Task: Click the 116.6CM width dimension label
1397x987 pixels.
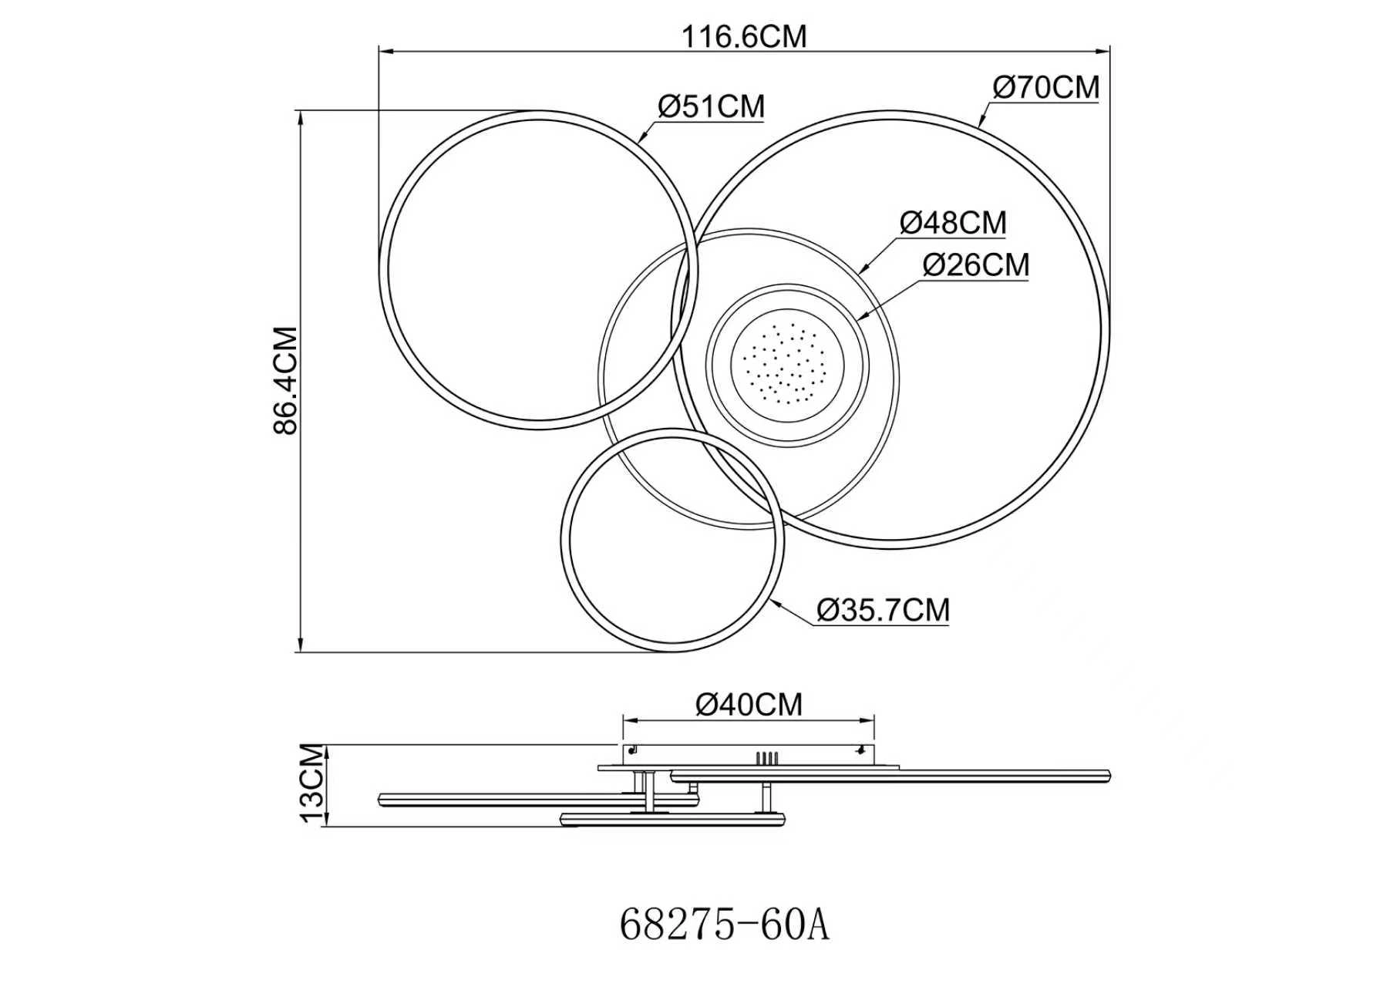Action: point(744,35)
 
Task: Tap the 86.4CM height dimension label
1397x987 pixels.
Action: point(286,381)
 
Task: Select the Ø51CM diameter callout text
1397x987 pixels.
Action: point(711,106)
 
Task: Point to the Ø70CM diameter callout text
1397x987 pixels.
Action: point(1046,87)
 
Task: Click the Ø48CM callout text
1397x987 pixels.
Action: point(953,223)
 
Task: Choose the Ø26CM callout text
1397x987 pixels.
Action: point(976,265)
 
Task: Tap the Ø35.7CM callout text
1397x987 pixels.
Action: point(884,611)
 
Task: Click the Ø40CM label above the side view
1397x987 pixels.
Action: point(749,704)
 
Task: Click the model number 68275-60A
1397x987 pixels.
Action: point(725,925)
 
